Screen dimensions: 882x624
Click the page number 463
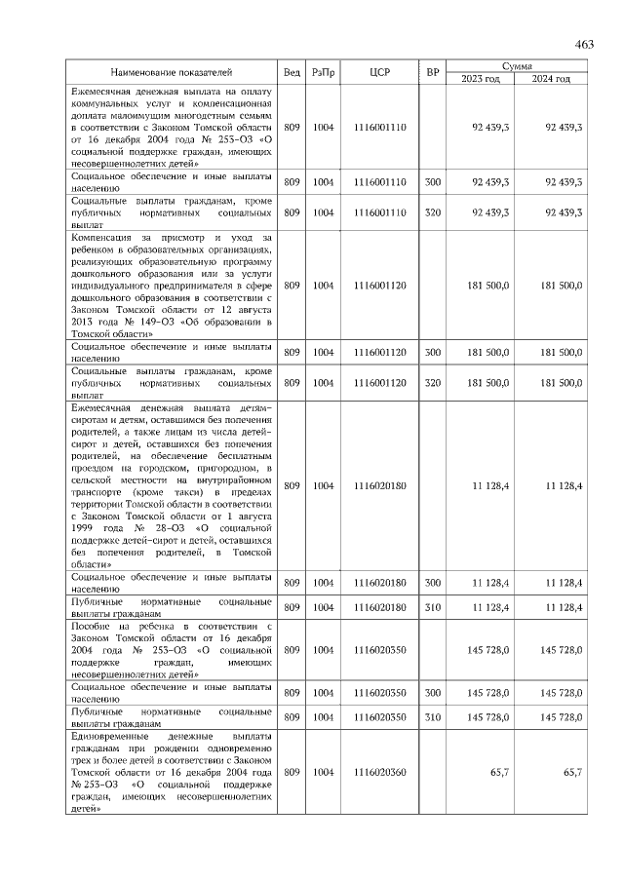click(x=585, y=43)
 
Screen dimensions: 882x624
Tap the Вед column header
click(x=292, y=72)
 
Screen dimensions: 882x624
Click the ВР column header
click(x=433, y=72)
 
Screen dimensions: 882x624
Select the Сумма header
click(x=517, y=65)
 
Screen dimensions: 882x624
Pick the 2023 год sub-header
click(x=481, y=78)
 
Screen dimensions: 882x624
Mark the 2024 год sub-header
click(x=552, y=78)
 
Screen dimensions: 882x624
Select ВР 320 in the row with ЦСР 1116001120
click(x=433, y=384)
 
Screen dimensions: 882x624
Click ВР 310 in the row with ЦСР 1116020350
click(x=433, y=717)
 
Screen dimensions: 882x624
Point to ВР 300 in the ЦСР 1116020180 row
click(x=433, y=583)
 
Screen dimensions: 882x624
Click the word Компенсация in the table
click(x=103, y=237)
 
